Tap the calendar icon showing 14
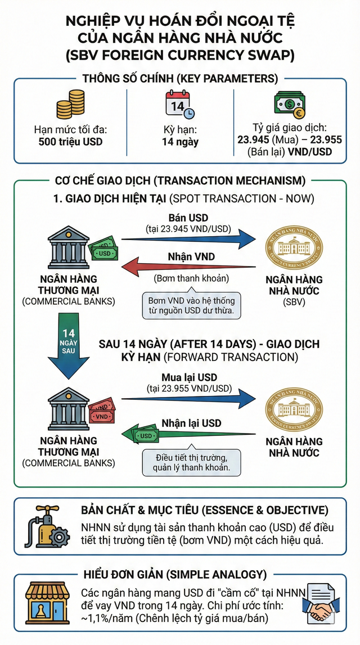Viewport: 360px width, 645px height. point(179,106)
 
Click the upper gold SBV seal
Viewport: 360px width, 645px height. point(295,248)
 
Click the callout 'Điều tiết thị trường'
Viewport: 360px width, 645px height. point(191,463)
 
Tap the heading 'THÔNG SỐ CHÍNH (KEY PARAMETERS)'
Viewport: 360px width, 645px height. point(180,79)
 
